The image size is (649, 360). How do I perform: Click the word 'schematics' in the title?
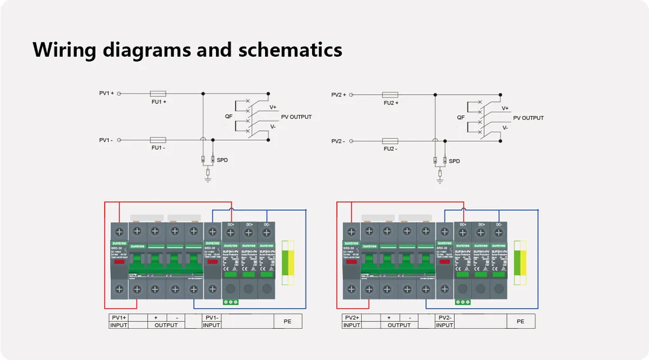click(290, 50)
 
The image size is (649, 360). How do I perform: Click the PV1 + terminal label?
click(107, 94)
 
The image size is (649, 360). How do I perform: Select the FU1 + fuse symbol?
click(157, 94)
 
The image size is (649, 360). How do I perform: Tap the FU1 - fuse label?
click(158, 148)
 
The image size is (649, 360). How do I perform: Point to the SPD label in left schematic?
click(222, 161)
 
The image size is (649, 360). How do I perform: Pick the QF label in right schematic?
click(461, 117)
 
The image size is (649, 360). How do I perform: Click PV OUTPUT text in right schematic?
click(528, 118)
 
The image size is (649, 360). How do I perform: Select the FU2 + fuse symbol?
click(390, 95)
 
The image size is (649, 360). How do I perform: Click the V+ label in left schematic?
click(273, 107)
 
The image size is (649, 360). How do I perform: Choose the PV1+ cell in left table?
click(119, 317)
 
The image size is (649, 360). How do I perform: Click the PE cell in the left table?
click(287, 321)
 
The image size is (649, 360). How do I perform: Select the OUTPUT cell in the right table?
click(399, 325)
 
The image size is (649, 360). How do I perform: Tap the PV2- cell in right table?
click(445, 317)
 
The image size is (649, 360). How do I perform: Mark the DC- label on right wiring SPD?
click(498, 224)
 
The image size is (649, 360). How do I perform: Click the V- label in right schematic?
click(505, 128)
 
